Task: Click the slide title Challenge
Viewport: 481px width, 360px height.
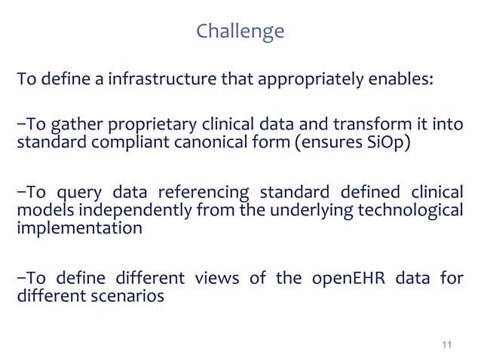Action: click(240, 32)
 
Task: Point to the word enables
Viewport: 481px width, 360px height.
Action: click(405, 81)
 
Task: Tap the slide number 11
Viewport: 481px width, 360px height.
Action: click(446, 344)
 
